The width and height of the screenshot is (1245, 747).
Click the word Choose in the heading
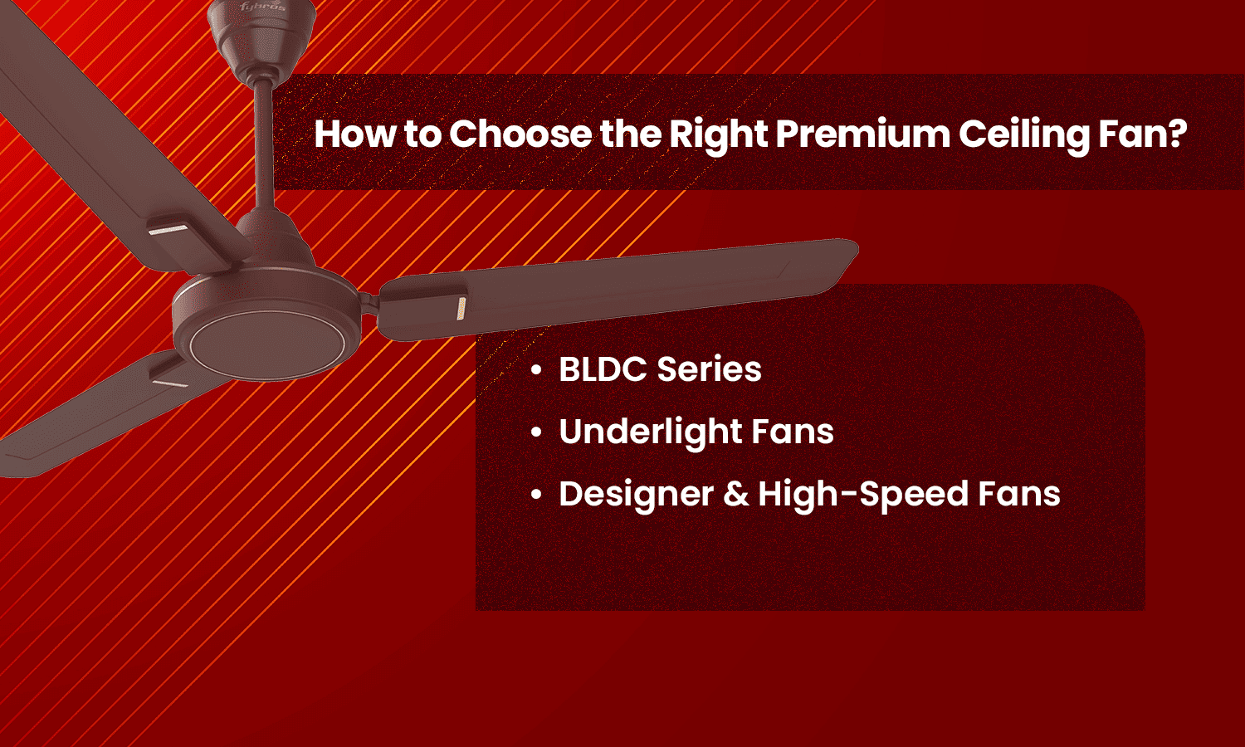520,134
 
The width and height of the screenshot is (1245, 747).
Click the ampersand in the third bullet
735,495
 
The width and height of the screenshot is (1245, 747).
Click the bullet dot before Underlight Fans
537,433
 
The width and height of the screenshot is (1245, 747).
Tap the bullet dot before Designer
537,496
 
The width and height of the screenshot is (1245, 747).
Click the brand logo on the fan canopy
262,7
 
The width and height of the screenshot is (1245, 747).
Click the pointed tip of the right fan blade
855,247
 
